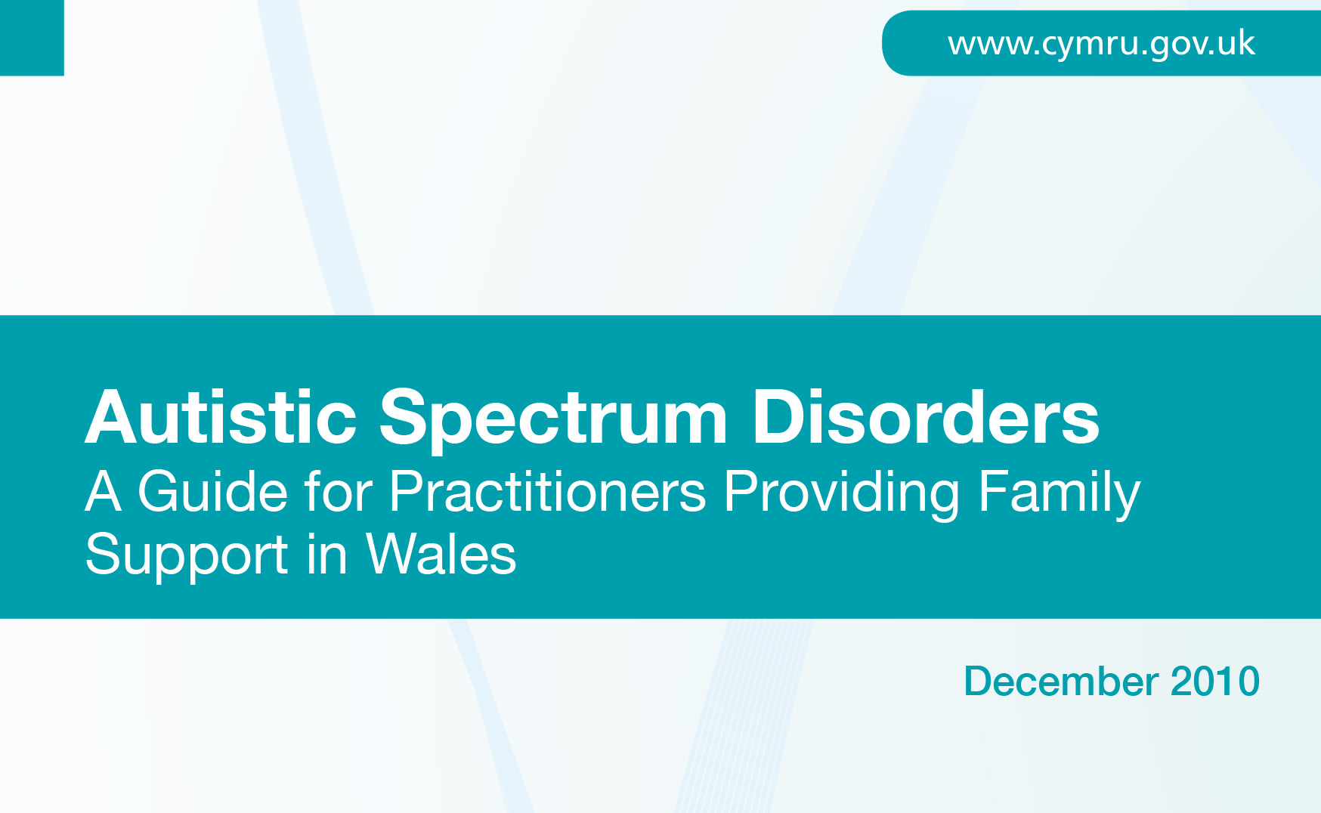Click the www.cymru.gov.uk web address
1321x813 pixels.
tap(1101, 44)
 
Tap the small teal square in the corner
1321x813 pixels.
tap(32, 38)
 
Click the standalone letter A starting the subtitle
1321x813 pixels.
tap(104, 491)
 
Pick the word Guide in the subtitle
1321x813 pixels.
tap(213, 491)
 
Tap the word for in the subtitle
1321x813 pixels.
tap(339, 491)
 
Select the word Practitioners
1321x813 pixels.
tap(548, 491)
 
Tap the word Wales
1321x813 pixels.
tap(441, 554)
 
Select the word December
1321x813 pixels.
tap(1061, 682)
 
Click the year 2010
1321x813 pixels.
tap(1215, 682)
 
